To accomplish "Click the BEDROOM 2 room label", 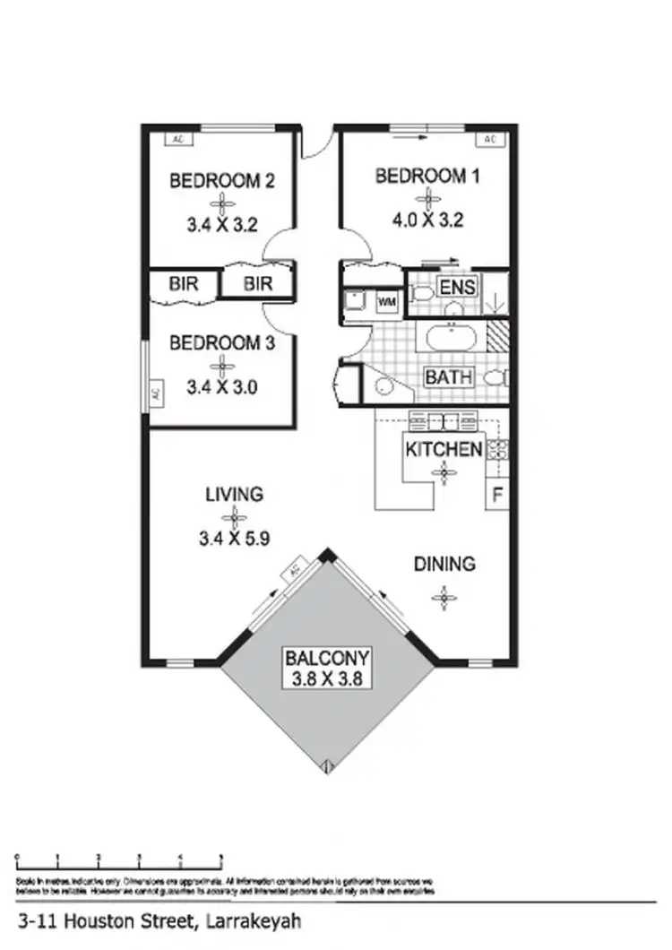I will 222,181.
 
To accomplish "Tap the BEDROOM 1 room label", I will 427,176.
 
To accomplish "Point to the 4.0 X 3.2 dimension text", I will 427,220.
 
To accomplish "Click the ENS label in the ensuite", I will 456,289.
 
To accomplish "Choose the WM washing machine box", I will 387,302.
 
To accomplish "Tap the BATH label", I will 448,377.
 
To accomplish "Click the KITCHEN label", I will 444,448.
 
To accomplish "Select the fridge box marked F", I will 497,494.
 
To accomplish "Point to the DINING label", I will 444,565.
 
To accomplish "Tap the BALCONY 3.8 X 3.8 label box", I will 326,668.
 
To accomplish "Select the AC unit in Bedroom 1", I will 489,139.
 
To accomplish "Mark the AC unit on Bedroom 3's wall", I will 154,393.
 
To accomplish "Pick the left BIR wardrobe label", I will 182,285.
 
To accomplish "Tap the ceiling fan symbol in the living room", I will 235,516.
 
